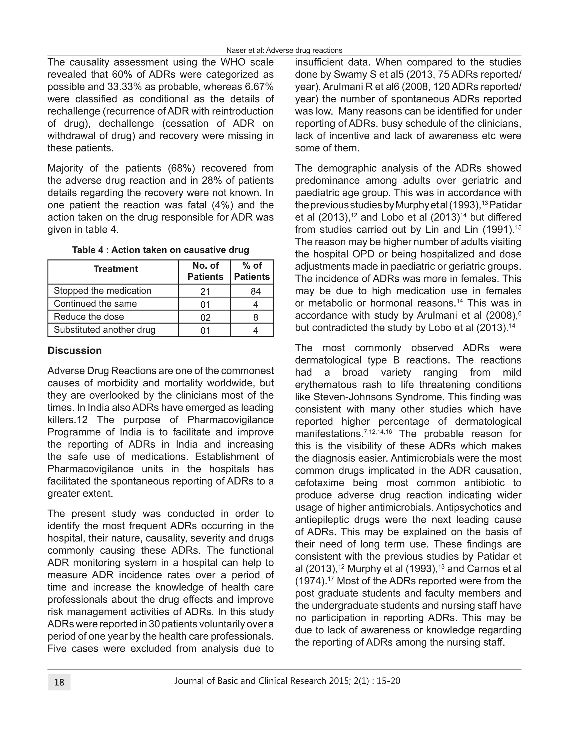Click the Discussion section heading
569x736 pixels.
tap(74, 351)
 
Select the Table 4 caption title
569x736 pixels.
tap(161, 250)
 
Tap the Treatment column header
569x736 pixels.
tap(116, 269)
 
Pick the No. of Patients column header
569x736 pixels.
tap(205, 271)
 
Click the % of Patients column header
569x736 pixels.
tap(252, 271)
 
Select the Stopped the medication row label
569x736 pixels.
tap(103, 291)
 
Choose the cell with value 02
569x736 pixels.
tap(205, 317)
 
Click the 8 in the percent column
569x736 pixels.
tap(256, 317)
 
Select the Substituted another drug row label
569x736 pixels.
tap(104, 330)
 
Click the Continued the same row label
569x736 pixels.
tap(95, 304)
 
